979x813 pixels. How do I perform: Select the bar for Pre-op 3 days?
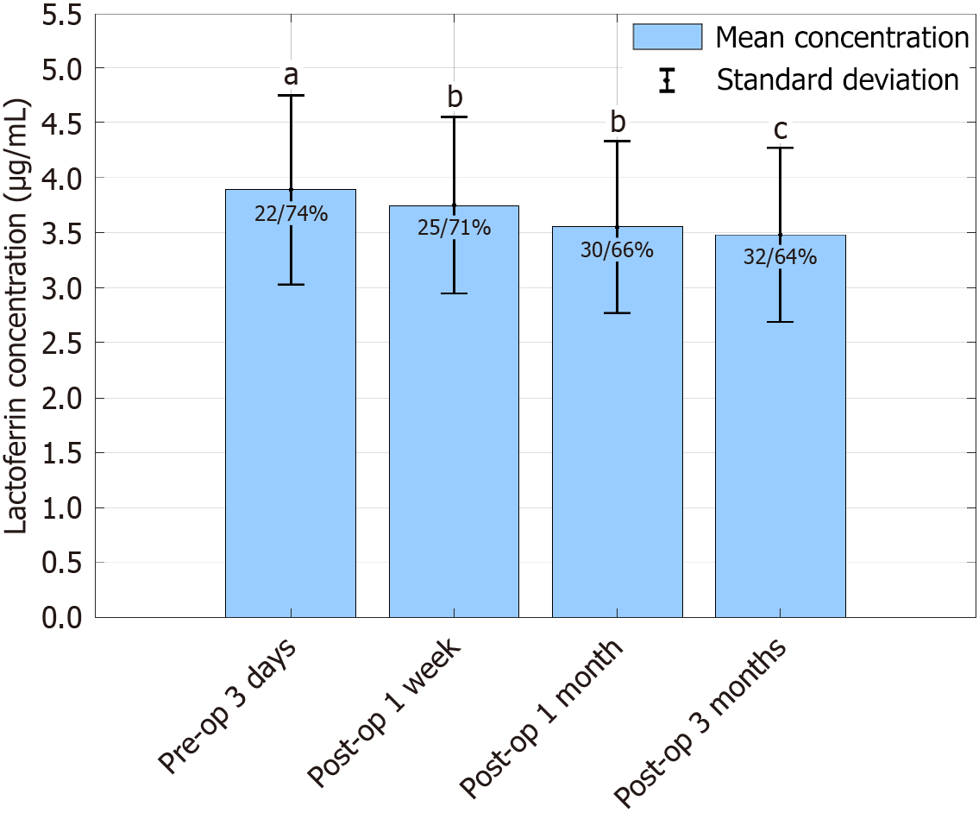[x=291, y=432]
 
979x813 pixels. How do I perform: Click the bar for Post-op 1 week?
[x=454, y=432]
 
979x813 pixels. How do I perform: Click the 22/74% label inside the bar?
[x=291, y=214]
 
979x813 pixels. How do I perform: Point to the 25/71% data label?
[x=454, y=229]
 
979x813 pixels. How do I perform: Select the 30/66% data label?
[x=617, y=250]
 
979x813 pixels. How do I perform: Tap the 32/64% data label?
[x=780, y=257]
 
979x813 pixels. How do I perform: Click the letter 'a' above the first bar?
[x=291, y=76]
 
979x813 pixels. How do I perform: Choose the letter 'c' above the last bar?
[x=780, y=129]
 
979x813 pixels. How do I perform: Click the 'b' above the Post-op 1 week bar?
[x=454, y=98]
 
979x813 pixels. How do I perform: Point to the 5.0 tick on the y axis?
[x=60, y=67]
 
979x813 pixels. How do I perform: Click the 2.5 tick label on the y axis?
[x=60, y=343]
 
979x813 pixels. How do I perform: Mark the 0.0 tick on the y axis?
[x=60, y=618]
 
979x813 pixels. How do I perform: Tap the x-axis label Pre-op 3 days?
[x=229, y=704]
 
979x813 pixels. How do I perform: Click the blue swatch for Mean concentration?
[x=668, y=37]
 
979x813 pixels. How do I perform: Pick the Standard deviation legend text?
[x=838, y=80]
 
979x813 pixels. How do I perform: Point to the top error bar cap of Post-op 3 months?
[x=780, y=148]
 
